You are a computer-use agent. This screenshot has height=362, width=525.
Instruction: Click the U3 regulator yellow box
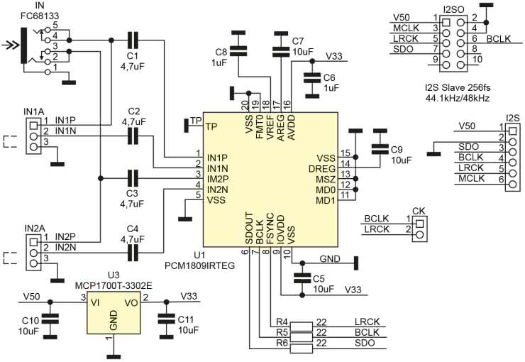pos(113,310)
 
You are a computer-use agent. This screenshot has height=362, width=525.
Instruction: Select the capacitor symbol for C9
pos(380,148)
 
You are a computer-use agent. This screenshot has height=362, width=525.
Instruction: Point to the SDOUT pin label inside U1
pos(250,228)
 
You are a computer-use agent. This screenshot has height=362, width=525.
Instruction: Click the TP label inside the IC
pos(211,127)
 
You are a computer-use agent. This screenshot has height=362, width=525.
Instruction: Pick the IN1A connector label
pos(33,111)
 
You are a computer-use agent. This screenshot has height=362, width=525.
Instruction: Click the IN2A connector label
pos(33,227)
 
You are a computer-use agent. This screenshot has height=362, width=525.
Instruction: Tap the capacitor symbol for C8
pos(239,50)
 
